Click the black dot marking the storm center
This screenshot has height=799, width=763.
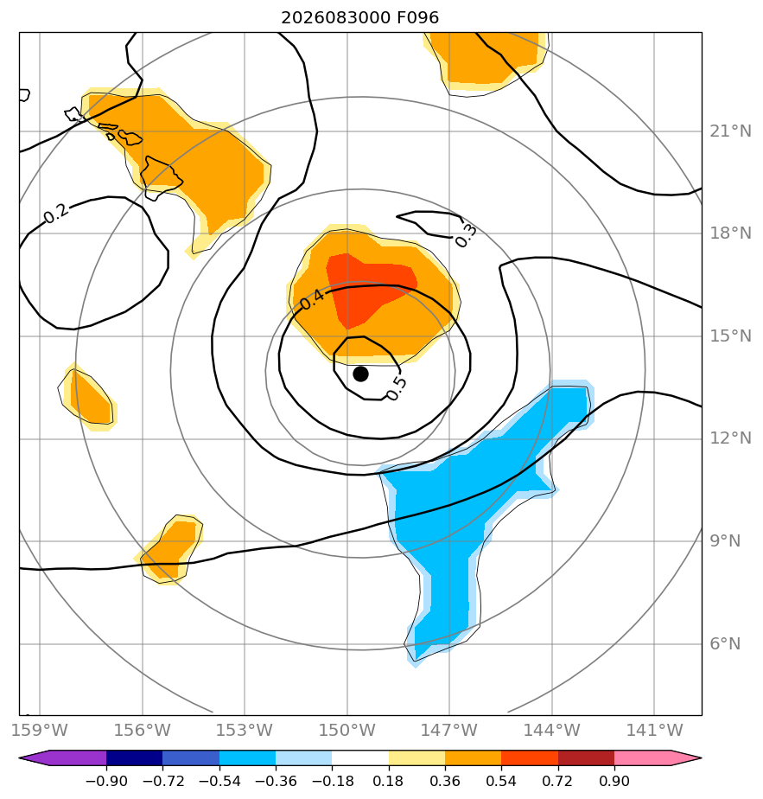[x=360, y=374]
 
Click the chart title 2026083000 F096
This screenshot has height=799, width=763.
[x=359, y=18]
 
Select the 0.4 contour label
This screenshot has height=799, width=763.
[x=311, y=299]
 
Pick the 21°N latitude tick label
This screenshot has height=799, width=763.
[x=730, y=131]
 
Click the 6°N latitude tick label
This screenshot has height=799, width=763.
[x=725, y=644]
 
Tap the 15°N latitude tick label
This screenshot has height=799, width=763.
[x=730, y=336]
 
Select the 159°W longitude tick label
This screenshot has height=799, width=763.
[x=40, y=730]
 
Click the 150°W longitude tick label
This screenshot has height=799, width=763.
[x=347, y=730]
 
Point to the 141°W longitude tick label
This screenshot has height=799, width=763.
[x=654, y=730]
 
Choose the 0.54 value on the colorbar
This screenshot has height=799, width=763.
[x=501, y=781]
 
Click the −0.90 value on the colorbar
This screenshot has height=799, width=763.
[x=106, y=781]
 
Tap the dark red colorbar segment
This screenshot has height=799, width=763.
[x=586, y=758]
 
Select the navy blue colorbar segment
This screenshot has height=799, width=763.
[x=135, y=758]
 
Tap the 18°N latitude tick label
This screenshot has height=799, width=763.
[x=730, y=233]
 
